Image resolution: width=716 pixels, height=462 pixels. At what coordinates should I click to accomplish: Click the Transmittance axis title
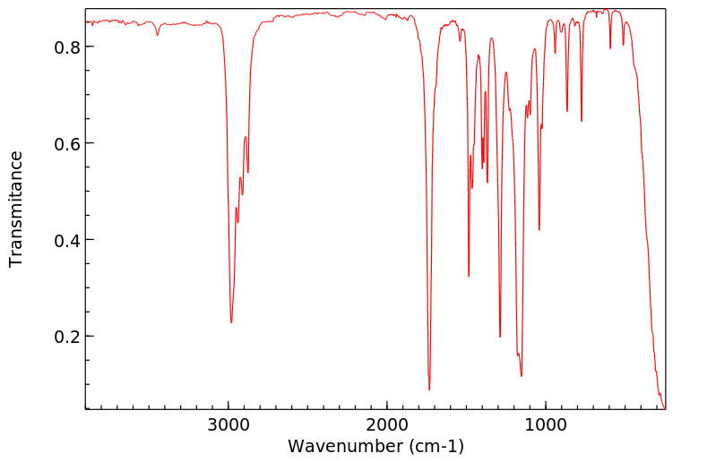[16, 209]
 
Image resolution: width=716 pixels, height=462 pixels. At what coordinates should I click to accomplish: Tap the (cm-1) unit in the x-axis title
[436, 445]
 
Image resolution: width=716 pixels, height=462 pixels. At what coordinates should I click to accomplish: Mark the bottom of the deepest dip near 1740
[429, 389]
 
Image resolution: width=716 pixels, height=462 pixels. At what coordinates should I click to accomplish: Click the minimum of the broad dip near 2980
[231, 322]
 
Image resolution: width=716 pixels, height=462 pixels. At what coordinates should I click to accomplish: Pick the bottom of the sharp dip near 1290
[500, 337]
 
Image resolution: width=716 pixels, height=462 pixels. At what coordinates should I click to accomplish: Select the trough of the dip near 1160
[522, 376]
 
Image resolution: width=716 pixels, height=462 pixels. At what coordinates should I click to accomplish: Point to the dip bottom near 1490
[469, 275]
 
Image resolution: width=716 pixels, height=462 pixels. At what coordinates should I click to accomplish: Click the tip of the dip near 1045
[539, 229]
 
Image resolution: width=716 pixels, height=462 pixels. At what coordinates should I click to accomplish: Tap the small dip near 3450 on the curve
[158, 35]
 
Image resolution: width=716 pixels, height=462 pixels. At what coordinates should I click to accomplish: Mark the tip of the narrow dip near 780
[582, 121]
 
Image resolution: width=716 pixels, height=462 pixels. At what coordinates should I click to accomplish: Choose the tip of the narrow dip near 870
[567, 111]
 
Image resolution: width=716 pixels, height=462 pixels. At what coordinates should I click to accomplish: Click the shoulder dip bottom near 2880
[248, 172]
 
